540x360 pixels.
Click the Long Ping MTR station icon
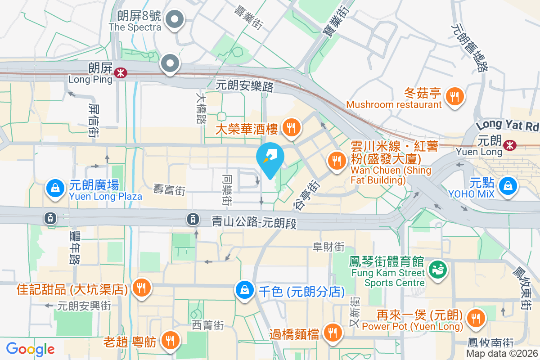(120, 72)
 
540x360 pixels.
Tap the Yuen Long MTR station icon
(510, 145)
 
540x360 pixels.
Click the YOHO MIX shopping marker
(508, 184)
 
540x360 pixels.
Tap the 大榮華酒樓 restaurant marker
(291, 128)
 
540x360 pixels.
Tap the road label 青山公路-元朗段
(254, 222)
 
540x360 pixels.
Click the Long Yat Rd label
(508, 125)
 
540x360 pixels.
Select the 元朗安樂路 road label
(245, 85)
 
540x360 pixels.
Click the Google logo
(30, 349)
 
